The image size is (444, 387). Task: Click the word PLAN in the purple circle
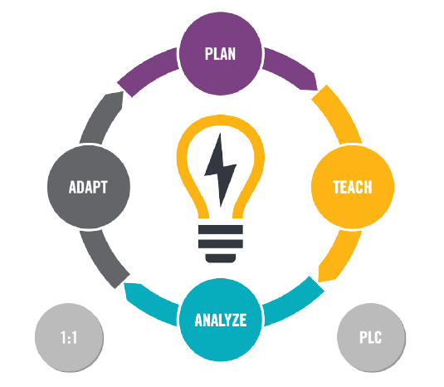pos(220,54)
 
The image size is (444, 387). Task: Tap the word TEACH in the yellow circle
pos(353,187)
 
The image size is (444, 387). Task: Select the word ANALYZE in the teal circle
pos(221,320)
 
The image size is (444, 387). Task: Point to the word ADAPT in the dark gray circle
pos(88,187)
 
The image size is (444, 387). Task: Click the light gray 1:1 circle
pos(70,338)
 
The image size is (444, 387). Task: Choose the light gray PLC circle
pos(371,338)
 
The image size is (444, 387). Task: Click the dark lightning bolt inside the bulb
pos(220,169)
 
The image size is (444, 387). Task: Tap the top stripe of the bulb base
pos(221,229)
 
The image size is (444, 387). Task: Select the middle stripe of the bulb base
pos(221,243)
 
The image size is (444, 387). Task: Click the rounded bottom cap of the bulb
pos(221,258)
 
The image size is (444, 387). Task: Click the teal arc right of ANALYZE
pos(295,301)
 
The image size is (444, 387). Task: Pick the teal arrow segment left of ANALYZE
pos(150,303)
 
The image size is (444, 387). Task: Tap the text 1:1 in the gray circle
pos(69,338)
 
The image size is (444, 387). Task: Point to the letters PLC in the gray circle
pos(371,338)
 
